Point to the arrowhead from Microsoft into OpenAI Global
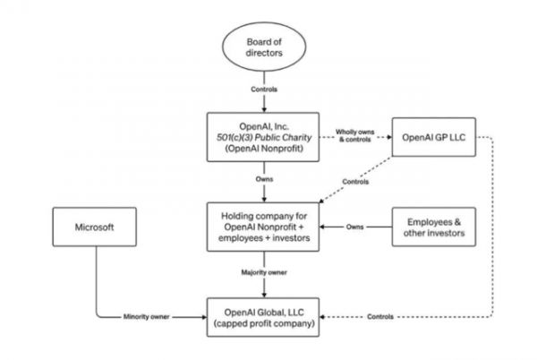203,317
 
